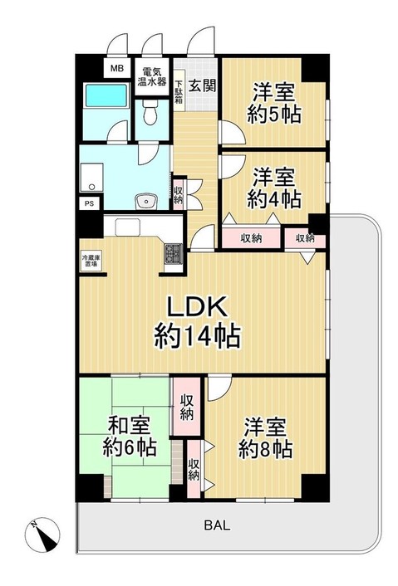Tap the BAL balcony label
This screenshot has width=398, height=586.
214,525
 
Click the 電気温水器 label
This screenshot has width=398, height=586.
153,76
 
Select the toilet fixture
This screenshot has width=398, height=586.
150,117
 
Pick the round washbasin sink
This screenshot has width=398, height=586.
147,200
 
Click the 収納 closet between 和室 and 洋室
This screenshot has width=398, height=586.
187,408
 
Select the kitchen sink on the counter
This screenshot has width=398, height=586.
131,227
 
